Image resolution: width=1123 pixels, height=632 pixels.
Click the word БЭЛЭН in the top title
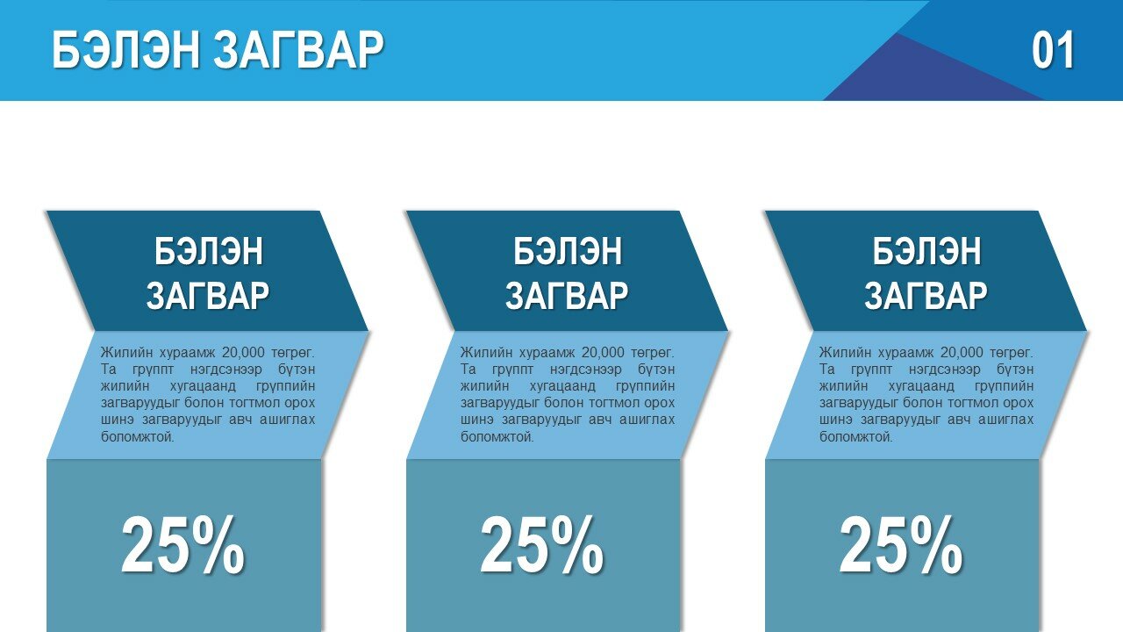126,50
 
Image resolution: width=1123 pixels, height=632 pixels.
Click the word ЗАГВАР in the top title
299,50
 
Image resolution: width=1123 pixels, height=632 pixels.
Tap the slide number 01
1053,50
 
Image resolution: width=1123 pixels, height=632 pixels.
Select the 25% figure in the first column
183,545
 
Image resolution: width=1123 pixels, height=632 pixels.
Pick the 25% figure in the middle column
542,545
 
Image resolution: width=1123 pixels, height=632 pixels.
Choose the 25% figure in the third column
901,545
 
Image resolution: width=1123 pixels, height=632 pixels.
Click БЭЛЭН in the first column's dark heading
208,251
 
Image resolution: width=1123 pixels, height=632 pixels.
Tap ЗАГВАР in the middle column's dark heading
567,296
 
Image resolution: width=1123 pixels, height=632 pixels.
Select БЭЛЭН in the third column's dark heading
926,251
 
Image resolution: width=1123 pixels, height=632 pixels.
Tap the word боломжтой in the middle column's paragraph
497,437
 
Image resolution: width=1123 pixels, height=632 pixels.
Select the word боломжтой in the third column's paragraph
856,437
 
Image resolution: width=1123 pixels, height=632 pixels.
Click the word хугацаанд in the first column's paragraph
203,387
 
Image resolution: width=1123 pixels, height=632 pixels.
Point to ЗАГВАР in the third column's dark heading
926,296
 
